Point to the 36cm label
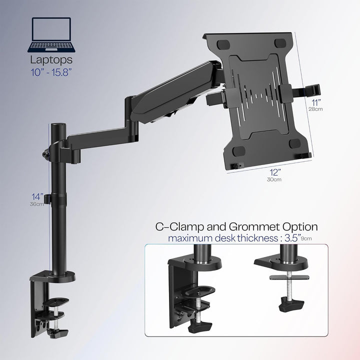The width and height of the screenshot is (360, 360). click(x=35, y=203)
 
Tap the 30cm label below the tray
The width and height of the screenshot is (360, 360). click(x=273, y=179)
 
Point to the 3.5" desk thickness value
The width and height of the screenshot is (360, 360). click(x=290, y=238)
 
